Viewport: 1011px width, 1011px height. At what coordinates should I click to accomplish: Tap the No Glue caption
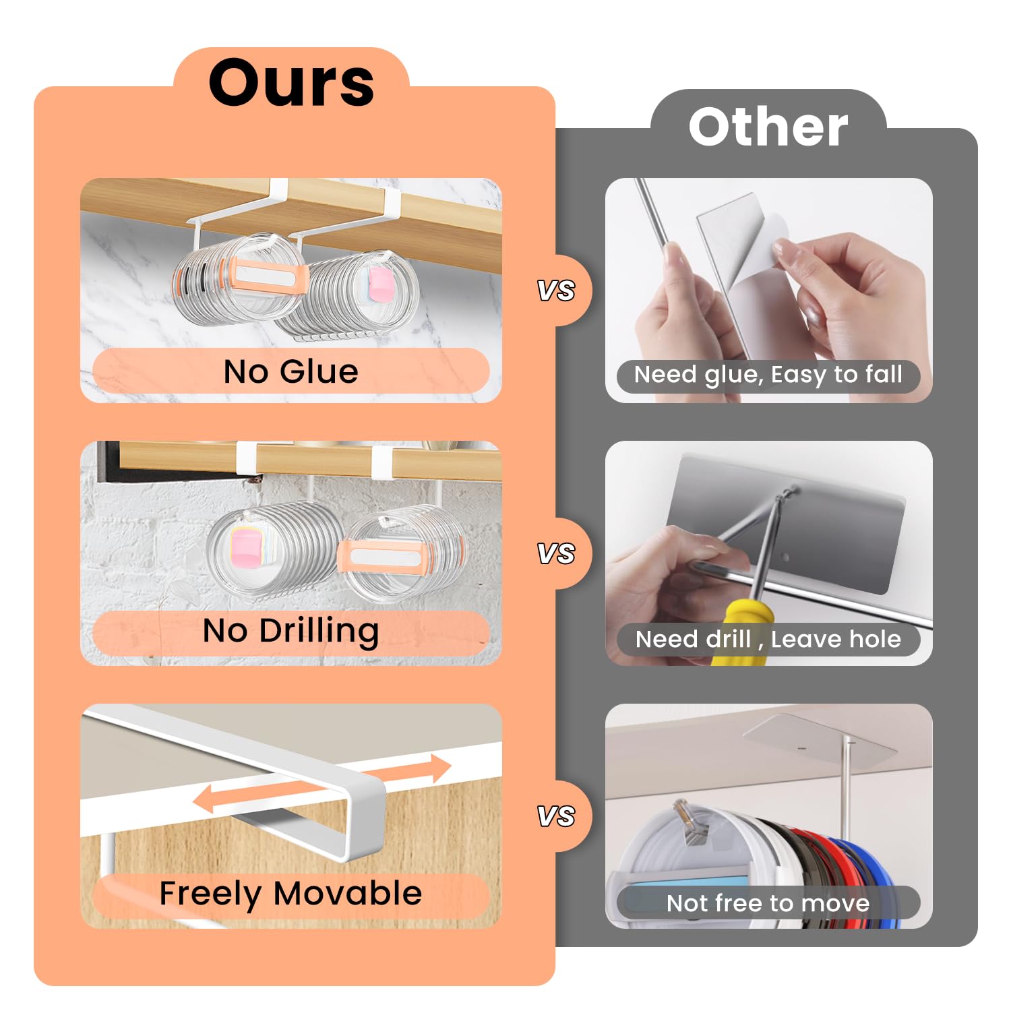tap(290, 371)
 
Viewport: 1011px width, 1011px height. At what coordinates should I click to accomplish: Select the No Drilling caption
tap(290, 632)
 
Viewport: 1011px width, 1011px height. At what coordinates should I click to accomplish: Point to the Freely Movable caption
tap(290, 894)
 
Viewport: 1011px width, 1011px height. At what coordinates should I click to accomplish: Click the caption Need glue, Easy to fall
tap(768, 375)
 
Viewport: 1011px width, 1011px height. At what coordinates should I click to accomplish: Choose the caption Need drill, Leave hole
tap(768, 639)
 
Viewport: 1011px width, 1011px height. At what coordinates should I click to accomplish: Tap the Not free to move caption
tap(768, 903)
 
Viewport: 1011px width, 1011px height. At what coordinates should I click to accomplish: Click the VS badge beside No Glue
tap(556, 290)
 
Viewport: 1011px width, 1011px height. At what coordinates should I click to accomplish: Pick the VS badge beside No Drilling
tap(556, 553)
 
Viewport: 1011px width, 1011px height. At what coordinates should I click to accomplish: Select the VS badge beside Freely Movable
tap(556, 816)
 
